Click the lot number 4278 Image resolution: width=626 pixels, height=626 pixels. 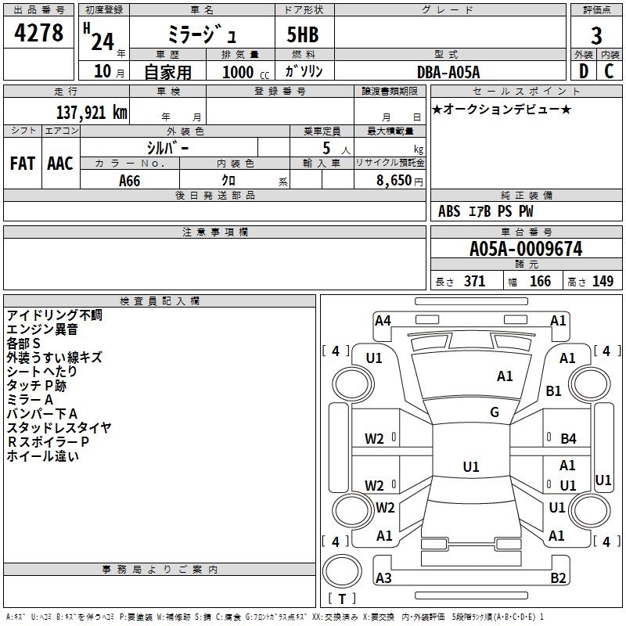38,33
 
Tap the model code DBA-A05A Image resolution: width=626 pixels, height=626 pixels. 448,72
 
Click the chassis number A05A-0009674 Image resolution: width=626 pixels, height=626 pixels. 525,249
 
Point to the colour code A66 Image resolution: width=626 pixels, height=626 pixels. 129,181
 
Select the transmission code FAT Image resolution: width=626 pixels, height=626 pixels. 22,163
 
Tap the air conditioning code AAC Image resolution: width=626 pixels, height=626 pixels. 60,163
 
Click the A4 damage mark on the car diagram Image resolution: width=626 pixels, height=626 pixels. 383,320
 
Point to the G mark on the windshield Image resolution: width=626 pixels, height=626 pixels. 494,412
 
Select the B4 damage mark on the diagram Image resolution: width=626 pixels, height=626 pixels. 568,439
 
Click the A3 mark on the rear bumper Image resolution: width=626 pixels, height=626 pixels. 383,578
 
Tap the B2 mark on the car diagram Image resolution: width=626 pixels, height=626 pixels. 558,578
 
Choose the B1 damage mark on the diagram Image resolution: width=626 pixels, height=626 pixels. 554,391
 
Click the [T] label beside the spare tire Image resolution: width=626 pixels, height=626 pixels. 341,599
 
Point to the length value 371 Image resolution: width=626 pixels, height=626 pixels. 474,282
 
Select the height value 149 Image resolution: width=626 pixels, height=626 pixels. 603,282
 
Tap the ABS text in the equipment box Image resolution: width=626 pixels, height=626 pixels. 449,211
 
